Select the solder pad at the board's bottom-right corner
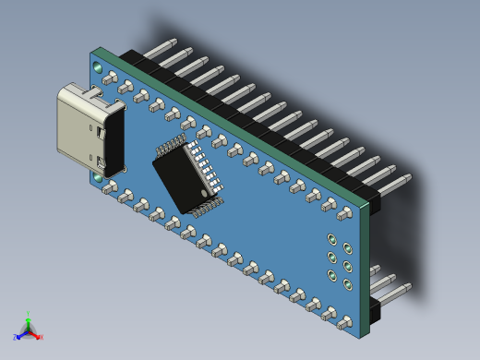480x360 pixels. pos(344,322)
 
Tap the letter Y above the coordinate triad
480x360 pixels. pos(28,314)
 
